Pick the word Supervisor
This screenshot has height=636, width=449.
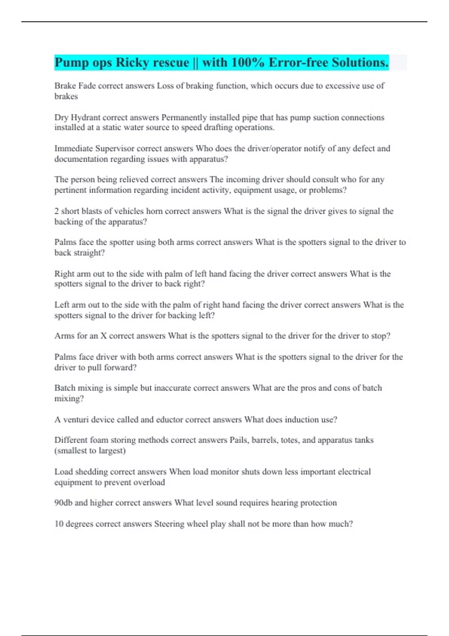click(114, 149)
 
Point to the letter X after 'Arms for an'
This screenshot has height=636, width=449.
click(104, 336)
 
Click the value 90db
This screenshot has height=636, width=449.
click(63, 503)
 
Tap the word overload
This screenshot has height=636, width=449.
click(149, 482)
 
